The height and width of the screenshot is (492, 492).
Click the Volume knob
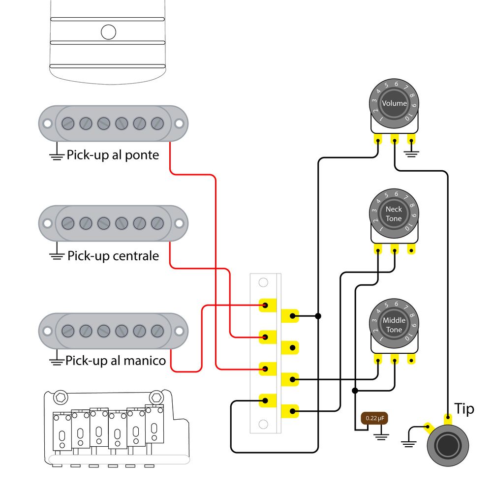click(x=394, y=103)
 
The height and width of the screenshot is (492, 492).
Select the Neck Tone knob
click(x=394, y=214)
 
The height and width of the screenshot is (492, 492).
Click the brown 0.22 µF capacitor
click(x=374, y=418)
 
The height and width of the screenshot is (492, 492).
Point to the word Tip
click(x=464, y=409)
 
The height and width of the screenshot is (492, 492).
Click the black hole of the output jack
click(x=448, y=446)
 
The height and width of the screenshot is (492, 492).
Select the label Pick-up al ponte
click(x=113, y=155)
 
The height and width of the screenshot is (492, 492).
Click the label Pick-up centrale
click(x=113, y=256)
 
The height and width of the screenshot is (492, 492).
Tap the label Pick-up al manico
click(x=116, y=361)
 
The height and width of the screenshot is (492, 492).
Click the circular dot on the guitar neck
click(x=109, y=32)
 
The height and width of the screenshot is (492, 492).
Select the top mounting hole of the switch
click(x=263, y=282)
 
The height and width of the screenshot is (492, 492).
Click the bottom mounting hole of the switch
click(x=263, y=424)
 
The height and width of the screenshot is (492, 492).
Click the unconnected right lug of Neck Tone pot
click(x=411, y=250)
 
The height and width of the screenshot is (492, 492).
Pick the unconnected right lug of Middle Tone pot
click(x=411, y=360)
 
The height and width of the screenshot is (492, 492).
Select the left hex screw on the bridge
click(x=61, y=398)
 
